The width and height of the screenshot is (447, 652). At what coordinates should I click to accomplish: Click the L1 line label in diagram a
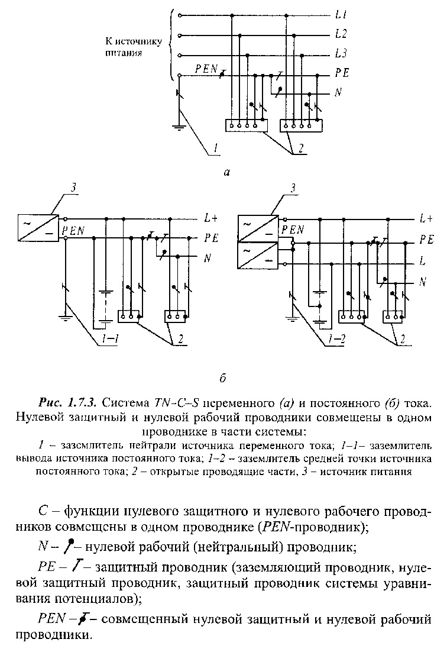point(341,15)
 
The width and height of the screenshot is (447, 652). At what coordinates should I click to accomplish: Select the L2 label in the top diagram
point(341,34)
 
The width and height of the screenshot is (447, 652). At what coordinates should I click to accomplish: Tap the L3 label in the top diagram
point(341,53)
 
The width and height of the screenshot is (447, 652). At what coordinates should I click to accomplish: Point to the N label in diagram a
point(339,92)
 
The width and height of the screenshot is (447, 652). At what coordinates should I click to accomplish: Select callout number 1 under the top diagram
point(215,147)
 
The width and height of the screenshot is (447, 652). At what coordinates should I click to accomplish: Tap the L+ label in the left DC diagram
point(211,218)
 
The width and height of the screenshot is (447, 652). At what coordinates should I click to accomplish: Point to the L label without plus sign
point(423,262)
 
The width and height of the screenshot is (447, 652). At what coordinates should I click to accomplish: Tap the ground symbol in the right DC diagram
point(292,318)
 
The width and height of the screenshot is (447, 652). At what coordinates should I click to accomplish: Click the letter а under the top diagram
point(226,172)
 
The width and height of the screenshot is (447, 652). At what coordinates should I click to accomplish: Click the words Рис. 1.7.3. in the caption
point(68,403)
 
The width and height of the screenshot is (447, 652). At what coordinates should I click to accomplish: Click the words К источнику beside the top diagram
point(133,43)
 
